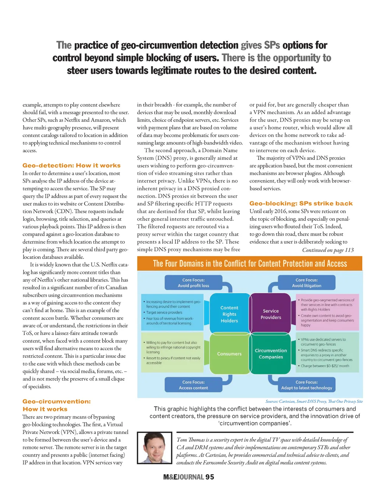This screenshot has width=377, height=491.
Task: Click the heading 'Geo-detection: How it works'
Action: pos(71,166)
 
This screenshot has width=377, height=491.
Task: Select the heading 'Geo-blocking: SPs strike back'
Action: pos(301,204)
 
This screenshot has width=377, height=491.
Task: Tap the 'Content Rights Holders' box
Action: pos(229,314)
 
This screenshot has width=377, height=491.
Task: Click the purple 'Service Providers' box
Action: pos(271,314)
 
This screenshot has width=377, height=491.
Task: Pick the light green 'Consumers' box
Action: pos(229,354)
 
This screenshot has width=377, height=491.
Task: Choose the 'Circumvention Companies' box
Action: pos(271,354)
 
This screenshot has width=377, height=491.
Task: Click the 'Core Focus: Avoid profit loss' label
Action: pos(193,283)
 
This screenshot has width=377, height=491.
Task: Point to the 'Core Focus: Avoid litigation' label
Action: pos(306,283)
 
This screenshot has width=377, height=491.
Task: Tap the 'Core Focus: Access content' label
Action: pos(193,385)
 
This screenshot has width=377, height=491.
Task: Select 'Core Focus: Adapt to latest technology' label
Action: pos(306,385)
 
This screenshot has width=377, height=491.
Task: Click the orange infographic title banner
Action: pos(250,264)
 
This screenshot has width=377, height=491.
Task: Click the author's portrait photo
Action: pos(154,448)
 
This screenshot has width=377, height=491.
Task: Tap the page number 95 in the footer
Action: pos(210,477)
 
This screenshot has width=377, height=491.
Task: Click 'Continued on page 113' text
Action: pos(328,250)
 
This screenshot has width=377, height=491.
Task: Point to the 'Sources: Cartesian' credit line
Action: pos(314,401)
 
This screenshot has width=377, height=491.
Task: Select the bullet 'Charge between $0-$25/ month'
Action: pos(325,366)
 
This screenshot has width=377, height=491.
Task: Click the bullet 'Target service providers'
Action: pos(164,312)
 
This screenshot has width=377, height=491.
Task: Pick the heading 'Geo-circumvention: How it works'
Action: pos(56,405)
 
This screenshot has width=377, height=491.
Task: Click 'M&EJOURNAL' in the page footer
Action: pos(183,477)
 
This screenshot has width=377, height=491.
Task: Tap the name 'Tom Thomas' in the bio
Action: pos(190,440)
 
